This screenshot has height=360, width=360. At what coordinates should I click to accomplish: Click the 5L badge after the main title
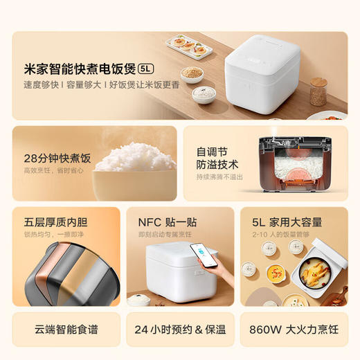[x=146, y=69]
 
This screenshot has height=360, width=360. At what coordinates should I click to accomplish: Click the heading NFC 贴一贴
[x=166, y=222]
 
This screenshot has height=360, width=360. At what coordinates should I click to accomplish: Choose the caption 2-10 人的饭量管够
[x=280, y=235]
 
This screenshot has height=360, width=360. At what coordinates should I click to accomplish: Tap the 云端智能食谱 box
[x=62, y=331]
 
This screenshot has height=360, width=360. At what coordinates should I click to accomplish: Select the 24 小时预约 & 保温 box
[x=180, y=331]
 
